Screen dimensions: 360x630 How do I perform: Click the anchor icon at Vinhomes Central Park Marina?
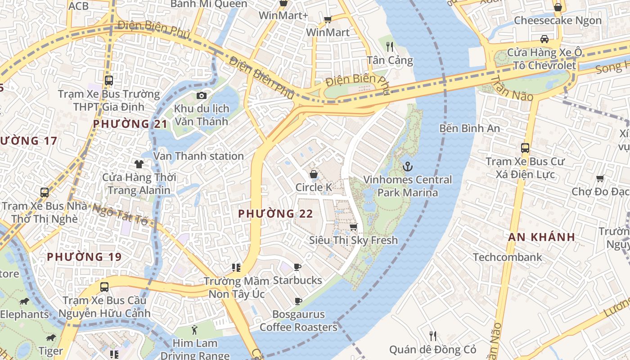[407, 166]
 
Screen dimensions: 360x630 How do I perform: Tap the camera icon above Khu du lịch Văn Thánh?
[202, 95]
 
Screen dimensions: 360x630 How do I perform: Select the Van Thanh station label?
[198, 156]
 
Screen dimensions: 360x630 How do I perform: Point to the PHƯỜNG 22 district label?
[275, 214]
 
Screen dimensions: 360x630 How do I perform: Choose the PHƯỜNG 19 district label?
[84, 257]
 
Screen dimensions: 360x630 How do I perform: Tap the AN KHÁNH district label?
[541, 237]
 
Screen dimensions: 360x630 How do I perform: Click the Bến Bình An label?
[469, 128]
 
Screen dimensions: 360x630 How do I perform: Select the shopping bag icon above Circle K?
[314, 174]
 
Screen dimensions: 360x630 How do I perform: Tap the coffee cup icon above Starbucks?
[297, 267]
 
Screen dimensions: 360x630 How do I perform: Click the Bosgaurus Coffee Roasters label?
[298, 321]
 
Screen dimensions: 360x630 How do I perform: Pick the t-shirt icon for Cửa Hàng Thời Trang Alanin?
[139, 164]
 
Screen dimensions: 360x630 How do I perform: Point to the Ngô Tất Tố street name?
[120, 214]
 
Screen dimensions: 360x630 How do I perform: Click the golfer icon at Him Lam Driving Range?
[194, 330]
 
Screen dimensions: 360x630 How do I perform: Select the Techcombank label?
[507, 257]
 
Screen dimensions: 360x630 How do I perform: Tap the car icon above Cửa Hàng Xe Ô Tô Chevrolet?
[544, 39]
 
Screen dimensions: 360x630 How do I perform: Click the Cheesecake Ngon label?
[558, 20]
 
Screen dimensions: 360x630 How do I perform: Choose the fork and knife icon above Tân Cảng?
[390, 46]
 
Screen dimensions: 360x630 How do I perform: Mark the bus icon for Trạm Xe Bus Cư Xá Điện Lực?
[525, 148]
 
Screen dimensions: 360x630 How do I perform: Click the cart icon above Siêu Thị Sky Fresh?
[354, 227]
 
